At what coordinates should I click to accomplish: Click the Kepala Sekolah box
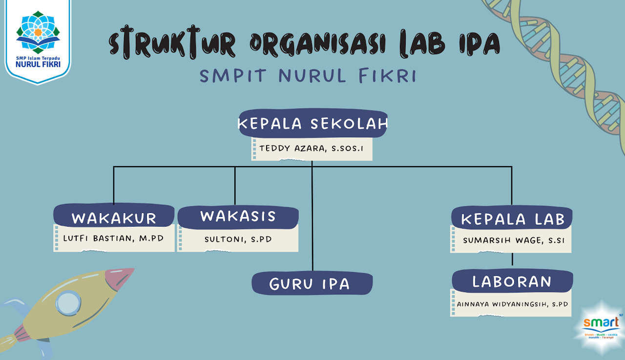click(x=312, y=124)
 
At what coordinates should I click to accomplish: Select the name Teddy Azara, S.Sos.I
click(x=312, y=148)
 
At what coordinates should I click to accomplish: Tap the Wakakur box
click(x=114, y=217)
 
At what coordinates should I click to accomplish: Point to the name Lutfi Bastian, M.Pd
click(x=113, y=239)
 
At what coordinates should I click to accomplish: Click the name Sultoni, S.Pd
click(x=238, y=239)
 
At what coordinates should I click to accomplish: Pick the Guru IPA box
click(x=312, y=283)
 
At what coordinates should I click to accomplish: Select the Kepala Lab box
click(x=512, y=218)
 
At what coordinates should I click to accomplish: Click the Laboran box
click(x=512, y=281)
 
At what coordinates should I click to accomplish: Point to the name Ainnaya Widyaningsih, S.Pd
click(x=512, y=304)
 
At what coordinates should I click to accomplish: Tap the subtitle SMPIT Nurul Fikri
click(x=308, y=76)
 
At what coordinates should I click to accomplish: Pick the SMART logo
click(x=600, y=324)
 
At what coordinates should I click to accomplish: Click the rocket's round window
click(x=67, y=303)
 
